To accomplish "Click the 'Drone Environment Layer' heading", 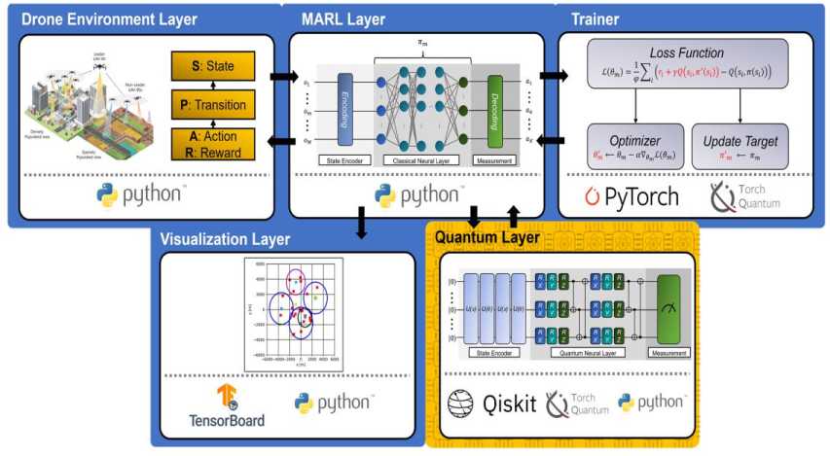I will point(109,19).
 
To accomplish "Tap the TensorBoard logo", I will point(227,406).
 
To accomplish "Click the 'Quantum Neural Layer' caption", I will point(588,353).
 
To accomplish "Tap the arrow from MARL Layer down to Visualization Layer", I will point(362,224).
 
